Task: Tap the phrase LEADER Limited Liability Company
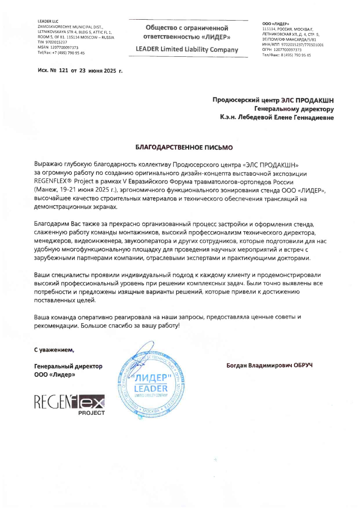(187, 49)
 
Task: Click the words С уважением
(54, 350)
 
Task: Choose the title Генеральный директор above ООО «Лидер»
(68, 366)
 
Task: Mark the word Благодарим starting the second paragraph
(52, 224)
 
